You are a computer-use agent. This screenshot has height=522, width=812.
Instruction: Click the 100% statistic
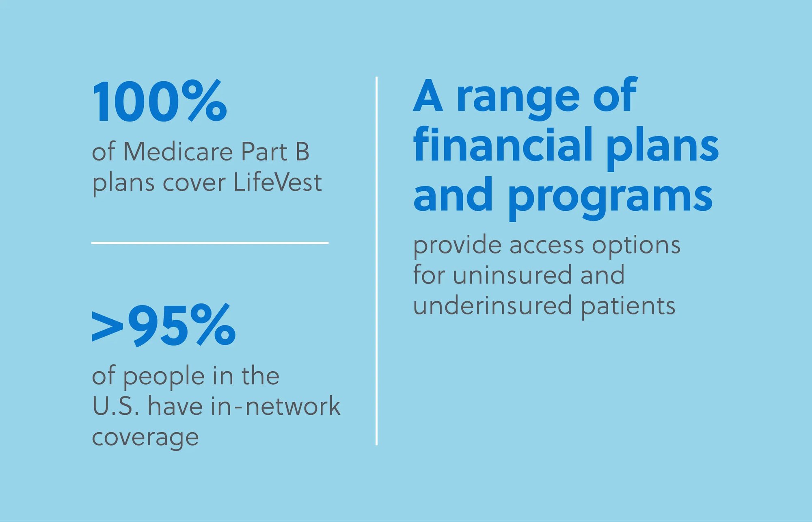160,101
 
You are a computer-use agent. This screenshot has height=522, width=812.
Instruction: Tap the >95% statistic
164,325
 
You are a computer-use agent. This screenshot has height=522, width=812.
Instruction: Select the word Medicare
178,152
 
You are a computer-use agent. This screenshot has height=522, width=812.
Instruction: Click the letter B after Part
302,152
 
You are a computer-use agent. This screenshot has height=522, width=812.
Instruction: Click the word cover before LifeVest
194,184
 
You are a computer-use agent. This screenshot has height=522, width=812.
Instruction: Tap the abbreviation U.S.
116,406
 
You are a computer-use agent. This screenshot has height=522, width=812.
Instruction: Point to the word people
164,377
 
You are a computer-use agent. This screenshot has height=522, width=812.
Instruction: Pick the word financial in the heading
503,144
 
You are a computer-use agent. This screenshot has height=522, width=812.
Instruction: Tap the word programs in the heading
610,198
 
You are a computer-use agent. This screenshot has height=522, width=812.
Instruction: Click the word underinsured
493,305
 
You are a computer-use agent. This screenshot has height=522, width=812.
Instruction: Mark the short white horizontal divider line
210,243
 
